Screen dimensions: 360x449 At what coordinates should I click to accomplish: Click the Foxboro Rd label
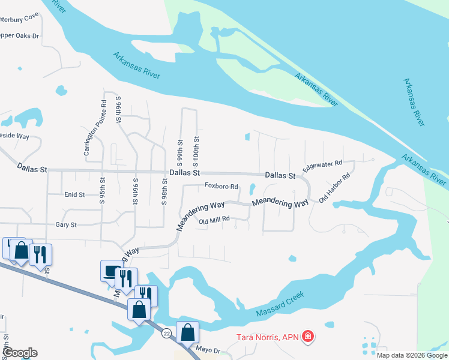pos(221,186)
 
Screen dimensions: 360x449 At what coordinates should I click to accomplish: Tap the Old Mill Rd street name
pos(214,220)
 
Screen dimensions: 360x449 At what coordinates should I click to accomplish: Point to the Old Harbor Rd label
pos(334,188)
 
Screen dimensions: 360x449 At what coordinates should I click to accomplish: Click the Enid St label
pos(74,194)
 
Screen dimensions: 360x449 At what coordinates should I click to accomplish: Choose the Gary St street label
pos(66,225)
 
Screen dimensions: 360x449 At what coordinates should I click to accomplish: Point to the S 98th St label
pos(164,191)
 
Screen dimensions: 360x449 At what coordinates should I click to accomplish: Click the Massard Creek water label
pos(280,305)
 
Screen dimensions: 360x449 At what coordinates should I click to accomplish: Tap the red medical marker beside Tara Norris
pos(308,337)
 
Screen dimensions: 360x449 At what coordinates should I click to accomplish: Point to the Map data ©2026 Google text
pos(412,355)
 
